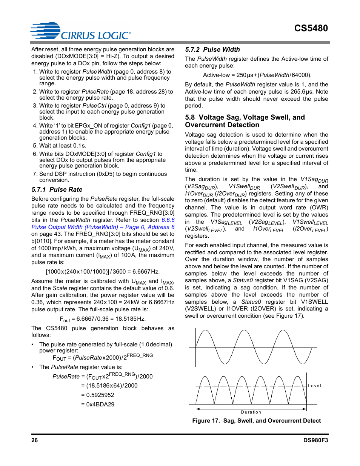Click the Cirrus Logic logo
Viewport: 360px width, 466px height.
point(80,31)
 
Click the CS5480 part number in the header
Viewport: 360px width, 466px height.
point(311,28)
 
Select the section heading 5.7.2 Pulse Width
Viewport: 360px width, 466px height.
point(212,49)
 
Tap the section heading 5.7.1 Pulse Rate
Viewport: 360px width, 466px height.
point(57,189)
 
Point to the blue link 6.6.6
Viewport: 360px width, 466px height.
point(168,220)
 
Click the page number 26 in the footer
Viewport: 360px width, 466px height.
point(34,440)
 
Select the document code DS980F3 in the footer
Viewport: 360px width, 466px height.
point(315,440)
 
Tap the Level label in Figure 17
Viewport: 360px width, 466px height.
point(314,386)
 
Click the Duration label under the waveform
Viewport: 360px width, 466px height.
point(251,412)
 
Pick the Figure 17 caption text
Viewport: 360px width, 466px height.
point(256,421)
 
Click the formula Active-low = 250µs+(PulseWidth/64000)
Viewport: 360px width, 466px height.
point(257,75)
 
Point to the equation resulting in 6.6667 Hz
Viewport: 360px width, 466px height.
point(103,272)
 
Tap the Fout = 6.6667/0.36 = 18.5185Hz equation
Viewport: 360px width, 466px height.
point(103,319)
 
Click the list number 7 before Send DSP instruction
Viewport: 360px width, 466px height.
point(35,174)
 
